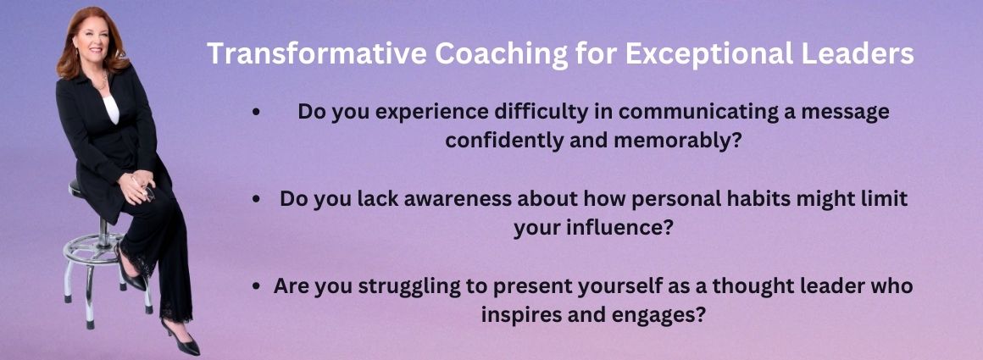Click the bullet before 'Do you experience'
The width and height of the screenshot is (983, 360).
coord(255,113)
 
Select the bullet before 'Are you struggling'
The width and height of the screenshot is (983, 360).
coord(256,286)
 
